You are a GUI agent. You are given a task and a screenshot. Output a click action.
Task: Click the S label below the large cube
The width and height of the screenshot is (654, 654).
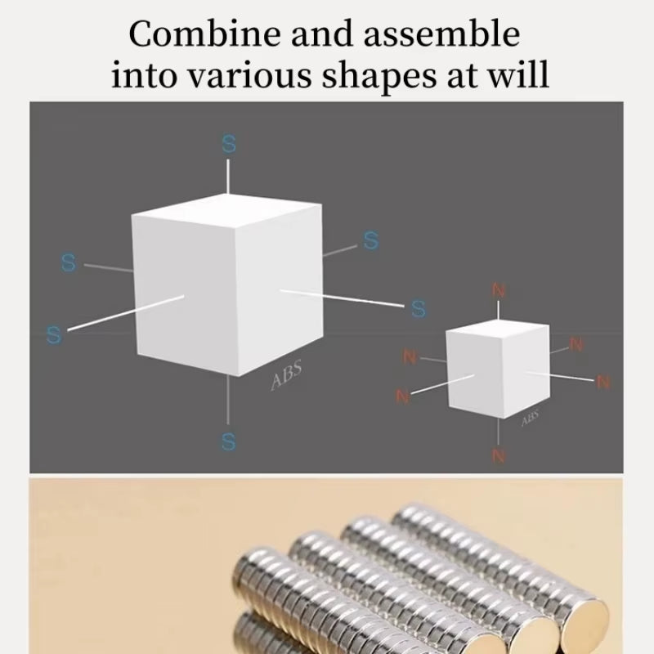[228, 442]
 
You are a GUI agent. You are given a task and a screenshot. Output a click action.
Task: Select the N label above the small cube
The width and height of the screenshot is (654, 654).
[499, 290]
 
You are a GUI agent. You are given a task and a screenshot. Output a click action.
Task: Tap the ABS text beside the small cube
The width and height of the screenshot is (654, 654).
[530, 418]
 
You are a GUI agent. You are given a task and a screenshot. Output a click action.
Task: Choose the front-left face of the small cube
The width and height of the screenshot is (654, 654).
[473, 376]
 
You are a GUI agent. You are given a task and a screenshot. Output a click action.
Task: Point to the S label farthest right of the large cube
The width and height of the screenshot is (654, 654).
[419, 309]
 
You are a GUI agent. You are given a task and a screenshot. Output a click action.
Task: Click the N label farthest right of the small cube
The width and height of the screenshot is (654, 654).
[603, 382]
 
